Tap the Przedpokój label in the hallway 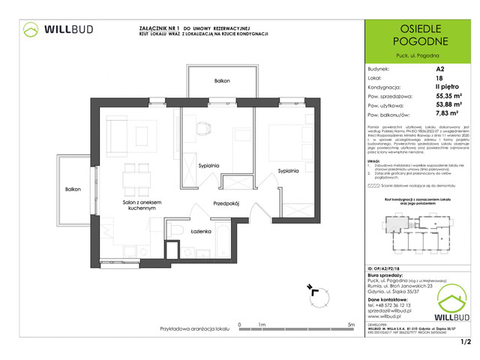coord(225,202)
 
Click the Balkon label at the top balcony coord(221,80)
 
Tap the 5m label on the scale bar coord(351,325)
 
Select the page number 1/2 coord(465,343)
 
